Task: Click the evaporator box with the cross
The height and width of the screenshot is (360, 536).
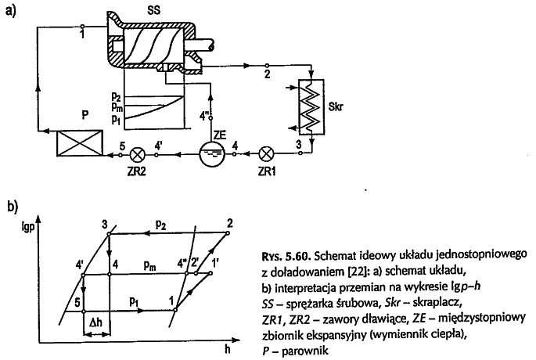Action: pyautogui.click(x=75, y=144)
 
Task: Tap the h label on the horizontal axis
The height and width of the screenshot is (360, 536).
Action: pyautogui.click(x=228, y=349)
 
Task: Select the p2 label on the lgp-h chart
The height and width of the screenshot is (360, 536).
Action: pyautogui.click(x=160, y=225)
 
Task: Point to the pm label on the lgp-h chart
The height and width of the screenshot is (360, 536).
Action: pyautogui.click(x=149, y=267)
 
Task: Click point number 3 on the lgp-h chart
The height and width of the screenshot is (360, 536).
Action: pyautogui.click(x=104, y=225)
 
